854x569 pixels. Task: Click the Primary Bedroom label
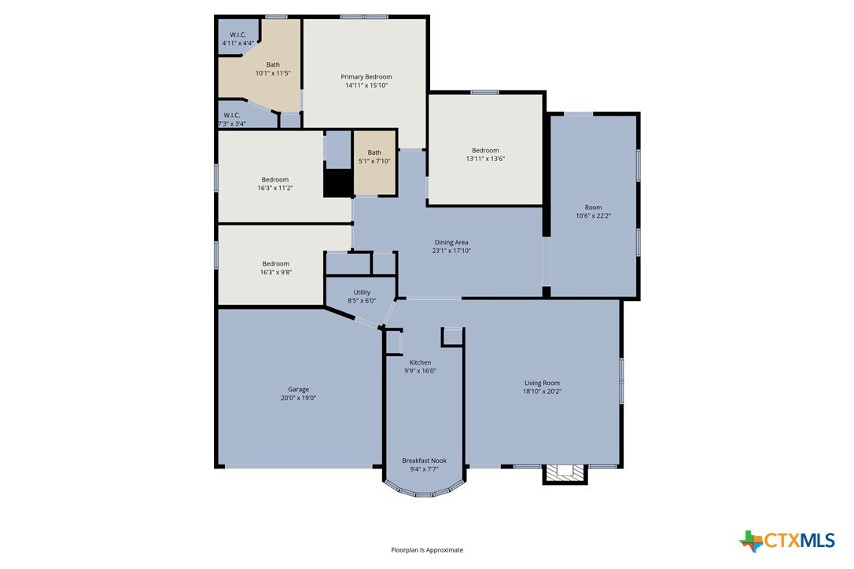(x=366, y=77)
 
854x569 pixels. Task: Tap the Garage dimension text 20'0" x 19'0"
(x=298, y=398)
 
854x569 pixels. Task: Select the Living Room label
(x=542, y=383)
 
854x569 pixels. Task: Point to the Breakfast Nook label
(x=425, y=461)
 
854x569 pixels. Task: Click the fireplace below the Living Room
(x=565, y=474)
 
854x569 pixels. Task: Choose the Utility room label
(x=362, y=292)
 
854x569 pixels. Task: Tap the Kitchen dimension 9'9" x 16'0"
(x=420, y=371)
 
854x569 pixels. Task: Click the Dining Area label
(x=451, y=242)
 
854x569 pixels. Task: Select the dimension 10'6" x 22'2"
(x=593, y=215)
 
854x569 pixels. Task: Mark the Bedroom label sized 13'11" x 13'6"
(x=485, y=150)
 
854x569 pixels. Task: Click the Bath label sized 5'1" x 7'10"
(x=374, y=152)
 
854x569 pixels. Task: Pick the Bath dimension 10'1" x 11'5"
(x=273, y=73)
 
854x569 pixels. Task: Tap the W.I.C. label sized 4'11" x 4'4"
(x=238, y=35)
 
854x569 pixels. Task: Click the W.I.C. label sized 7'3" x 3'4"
(x=231, y=116)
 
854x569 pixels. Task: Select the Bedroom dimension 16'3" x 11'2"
(x=275, y=188)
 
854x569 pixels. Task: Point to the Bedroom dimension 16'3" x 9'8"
(x=275, y=272)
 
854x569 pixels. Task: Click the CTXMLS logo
(x=787, y=541)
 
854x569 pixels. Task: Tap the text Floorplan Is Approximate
(x=427, y=550)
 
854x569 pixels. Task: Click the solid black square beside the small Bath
(x=338, y=183)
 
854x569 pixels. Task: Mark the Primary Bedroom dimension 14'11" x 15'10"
(x=366, y=86)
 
